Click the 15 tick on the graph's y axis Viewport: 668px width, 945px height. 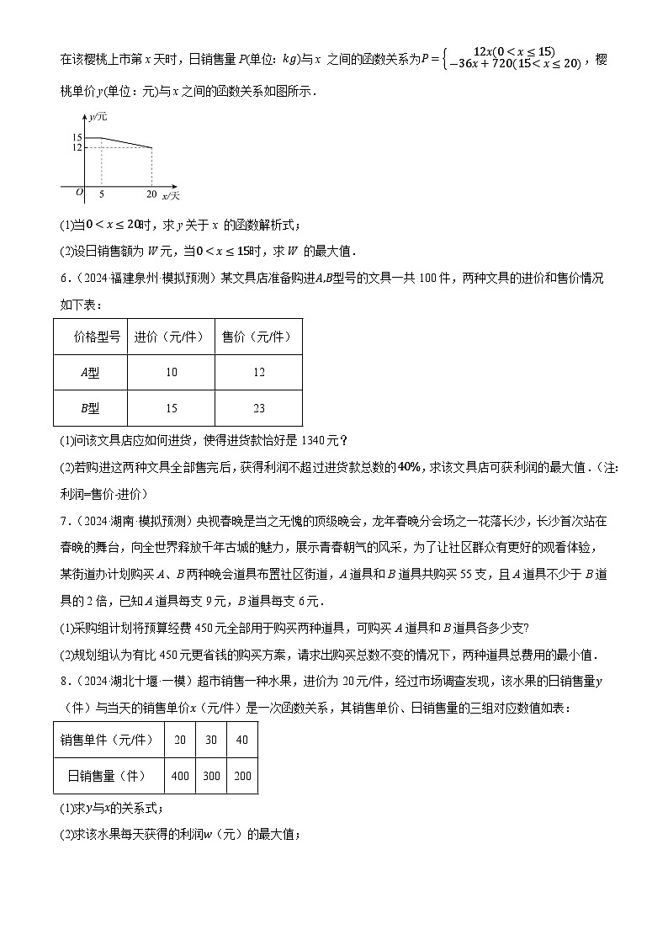click(x=77, y=137)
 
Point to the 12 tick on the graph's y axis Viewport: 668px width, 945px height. click(x=77, y=148)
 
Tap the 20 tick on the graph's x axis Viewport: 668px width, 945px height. click(x=151, y=194)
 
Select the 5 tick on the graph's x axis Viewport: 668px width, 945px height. click(x=102, y=194)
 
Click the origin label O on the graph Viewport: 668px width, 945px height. click(x=79, y=192)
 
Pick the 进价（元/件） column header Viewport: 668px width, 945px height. click(x=171, y=337)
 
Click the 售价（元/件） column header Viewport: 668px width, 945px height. click(x=257, y=337)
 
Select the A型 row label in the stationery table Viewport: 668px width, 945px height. click(x=89, y=373)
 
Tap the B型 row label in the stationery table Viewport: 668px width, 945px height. click(x=89, y=408)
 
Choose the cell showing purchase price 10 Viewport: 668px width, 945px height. click(x=172, y=373)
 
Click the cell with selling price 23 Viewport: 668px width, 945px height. click(x=258, y=408)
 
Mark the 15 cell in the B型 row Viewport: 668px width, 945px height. click(x=172, y=408)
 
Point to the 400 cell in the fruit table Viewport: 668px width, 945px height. click(x=180, y=776)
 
